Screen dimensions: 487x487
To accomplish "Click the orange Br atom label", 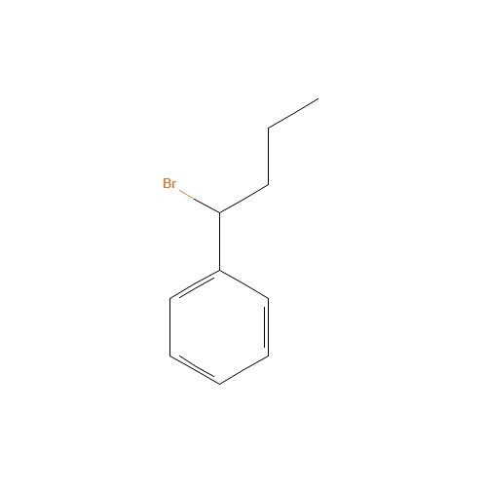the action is (169, 183).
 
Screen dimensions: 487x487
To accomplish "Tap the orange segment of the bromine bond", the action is (187, 194).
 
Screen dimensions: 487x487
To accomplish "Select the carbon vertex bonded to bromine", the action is (219, 213).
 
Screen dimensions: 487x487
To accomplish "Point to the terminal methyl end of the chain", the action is (318, 98).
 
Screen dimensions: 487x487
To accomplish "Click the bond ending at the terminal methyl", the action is (293, 113).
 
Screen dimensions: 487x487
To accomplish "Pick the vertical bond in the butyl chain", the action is (268, 157).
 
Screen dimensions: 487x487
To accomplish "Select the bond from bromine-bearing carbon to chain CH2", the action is (243, 199).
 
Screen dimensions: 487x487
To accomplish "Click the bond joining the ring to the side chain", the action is (219, 242).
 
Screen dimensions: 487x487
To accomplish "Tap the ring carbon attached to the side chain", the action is (219, 270).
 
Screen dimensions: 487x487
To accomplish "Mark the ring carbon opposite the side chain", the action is (219, 385).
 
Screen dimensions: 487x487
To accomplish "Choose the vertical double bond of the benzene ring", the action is (268, 327).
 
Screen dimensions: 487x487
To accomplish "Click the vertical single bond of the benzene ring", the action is (170, 327).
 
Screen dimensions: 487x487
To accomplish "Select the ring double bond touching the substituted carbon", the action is (195, 284).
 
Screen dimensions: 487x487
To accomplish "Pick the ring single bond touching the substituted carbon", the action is (243, 284).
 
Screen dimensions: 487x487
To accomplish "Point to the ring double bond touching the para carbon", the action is (195, 369).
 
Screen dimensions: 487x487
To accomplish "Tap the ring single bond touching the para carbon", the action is (243, 370).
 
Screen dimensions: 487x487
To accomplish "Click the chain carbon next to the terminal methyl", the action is (268, 129).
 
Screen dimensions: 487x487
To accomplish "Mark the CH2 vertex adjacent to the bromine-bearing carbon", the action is (268, 185).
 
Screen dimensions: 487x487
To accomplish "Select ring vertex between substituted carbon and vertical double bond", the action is (268, 298).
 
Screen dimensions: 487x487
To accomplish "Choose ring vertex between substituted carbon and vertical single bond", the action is (170, 298).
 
